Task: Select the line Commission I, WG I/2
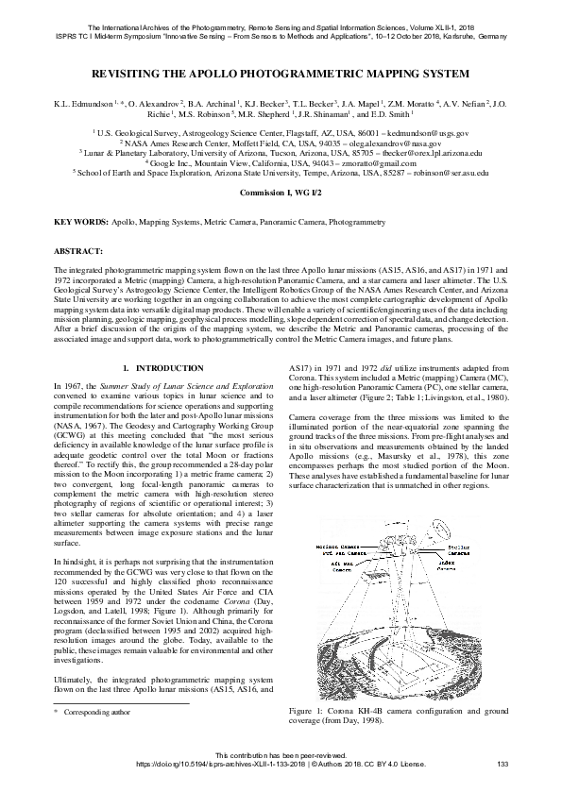(281, 193)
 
